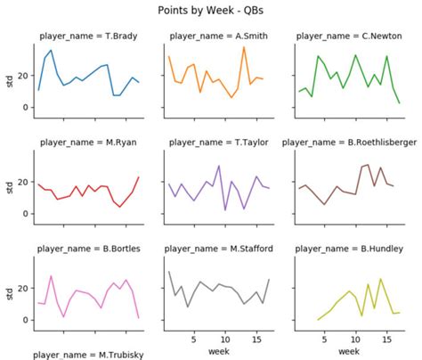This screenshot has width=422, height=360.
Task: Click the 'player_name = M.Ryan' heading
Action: [x=88, y=141]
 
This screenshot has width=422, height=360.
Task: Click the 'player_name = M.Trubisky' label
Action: [x=88, y=353]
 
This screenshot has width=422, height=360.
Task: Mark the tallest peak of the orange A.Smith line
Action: [x=243, y=47]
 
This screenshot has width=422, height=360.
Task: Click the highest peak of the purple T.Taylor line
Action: [x=219, y=166]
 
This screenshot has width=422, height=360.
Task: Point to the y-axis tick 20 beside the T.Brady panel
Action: [x=23, y=76]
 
